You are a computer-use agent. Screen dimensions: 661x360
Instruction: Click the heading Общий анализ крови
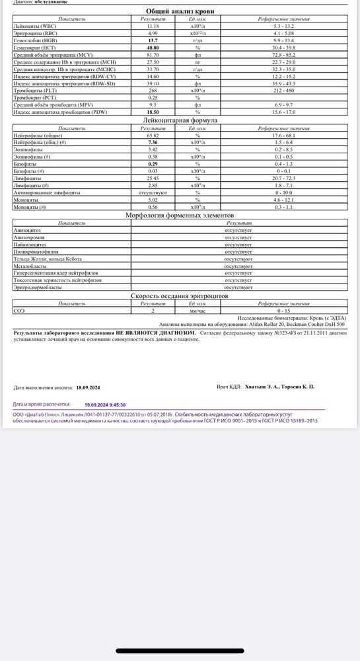click(x=180, y=12)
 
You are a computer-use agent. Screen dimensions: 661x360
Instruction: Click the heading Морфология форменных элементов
click(x=180, y=216)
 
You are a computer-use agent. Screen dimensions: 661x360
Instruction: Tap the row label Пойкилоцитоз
click(x=30, y=244)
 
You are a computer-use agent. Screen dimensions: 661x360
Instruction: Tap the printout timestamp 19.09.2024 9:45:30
click(x=105, y=404)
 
